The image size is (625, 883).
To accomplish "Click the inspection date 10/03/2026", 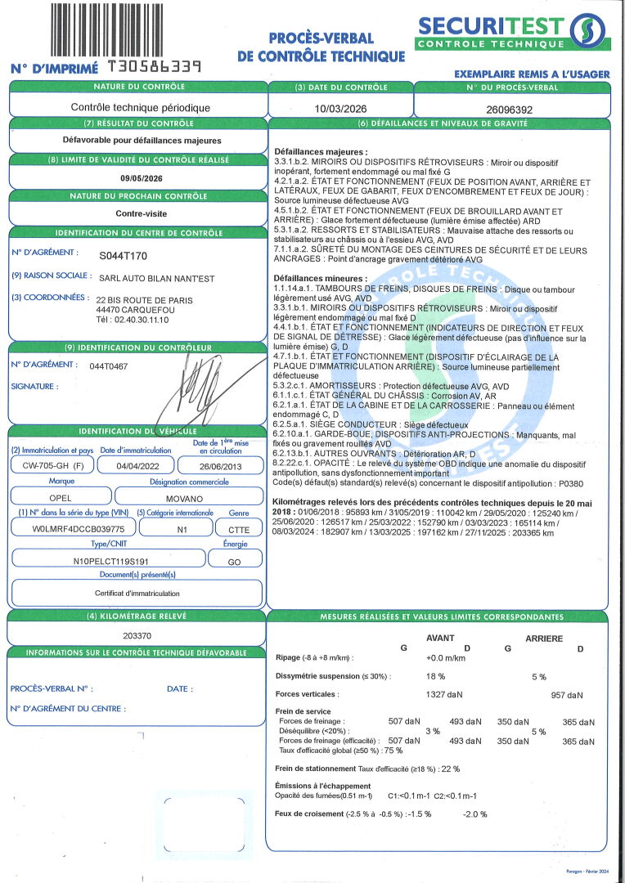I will [x=340, y=108].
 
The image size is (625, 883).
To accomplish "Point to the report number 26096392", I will [x=510, y=108].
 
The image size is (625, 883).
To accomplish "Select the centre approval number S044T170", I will [x=124, y=255].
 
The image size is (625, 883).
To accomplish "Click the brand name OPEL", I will [x=56, y=496].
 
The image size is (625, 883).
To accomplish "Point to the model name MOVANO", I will [x=189, y=496].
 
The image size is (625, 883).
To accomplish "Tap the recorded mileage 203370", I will [x=137, y=634].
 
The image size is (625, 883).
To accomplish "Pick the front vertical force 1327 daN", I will [x=444, y=694].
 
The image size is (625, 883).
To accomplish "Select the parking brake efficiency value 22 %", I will [x=450, y=769].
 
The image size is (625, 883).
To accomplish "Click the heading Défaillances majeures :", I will [x=321, y=152].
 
